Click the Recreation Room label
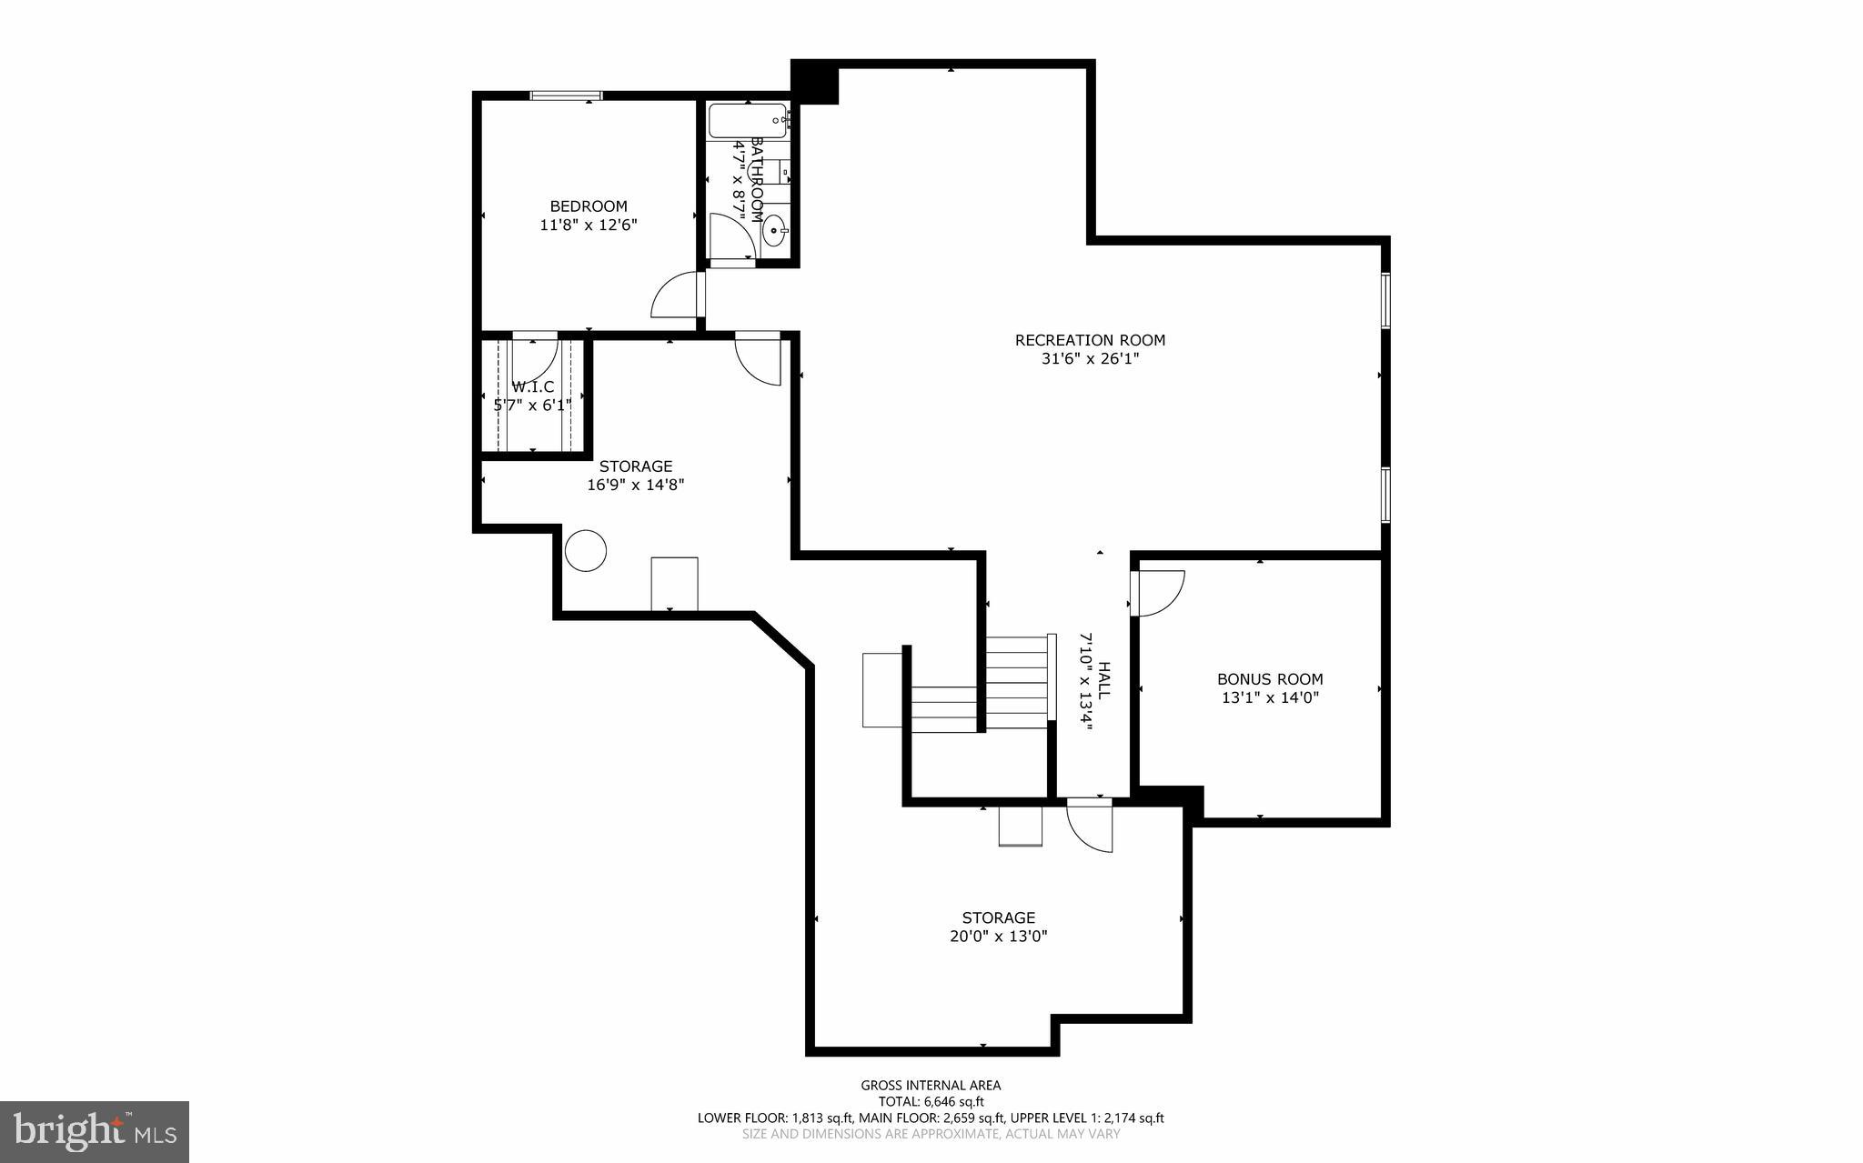pyautogui.click(x=1090, y=340)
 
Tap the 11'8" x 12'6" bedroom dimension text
pyautogui.click(x=589, y=225)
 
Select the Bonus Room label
pyautogui.click(x=1270, y=679)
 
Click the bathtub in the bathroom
pyautogui.click(x=748, y=120)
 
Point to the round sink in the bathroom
pyautogui.click(x=775, y=231)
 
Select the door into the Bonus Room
pyautogui.click(x=1157, y=592)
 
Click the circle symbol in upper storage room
pyautogui.click(x=586, y=550)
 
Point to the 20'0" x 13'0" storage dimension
pyautogui.click(x=999, y=936)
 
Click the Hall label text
pyautogui.click(x=1104, y=679)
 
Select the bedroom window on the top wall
pyautogui.click(x=566, y=95)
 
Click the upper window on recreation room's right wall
pyautogui.click(x=1385, y=300)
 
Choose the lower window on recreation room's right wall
pyautogui.click(x=1385, y=495)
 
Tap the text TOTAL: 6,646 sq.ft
pyautogui.click(x=931, y=1101)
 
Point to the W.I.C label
pyautogui.click(x=533, y=386)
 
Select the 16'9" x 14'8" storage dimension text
pyautogui.click(x=635, y=486)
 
